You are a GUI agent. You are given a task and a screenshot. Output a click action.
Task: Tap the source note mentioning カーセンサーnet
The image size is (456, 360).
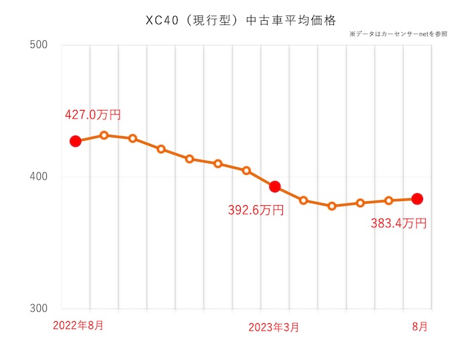(398, 34)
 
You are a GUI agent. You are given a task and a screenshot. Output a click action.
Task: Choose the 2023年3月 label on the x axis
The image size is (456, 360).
(274, 327)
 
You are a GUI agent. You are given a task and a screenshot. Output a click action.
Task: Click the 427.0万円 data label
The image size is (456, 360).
(93, 115)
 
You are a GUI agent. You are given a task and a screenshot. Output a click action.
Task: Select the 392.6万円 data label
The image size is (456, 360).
(256, 211)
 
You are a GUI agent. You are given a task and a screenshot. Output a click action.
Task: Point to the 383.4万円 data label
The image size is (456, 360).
(398, 224)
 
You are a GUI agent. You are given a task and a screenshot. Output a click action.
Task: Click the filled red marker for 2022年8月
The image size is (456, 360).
(75, 141)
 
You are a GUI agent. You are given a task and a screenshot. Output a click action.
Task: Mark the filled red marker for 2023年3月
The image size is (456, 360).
(274, 186)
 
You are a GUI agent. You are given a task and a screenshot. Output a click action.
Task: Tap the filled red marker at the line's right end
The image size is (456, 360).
(416, 198)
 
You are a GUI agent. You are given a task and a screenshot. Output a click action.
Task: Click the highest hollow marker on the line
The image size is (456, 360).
(104, 135)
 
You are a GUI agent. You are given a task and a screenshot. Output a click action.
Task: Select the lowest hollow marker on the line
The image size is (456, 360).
(331, 206)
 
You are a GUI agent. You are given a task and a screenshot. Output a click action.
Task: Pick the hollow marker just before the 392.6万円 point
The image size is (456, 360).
(246, 171)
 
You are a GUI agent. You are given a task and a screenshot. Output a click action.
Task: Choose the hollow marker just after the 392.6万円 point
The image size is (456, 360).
(303, 200)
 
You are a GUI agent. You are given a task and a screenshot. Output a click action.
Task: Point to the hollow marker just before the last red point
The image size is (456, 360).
(388, 200)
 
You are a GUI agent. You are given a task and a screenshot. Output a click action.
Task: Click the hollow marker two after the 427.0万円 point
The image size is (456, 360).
(132, 138)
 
